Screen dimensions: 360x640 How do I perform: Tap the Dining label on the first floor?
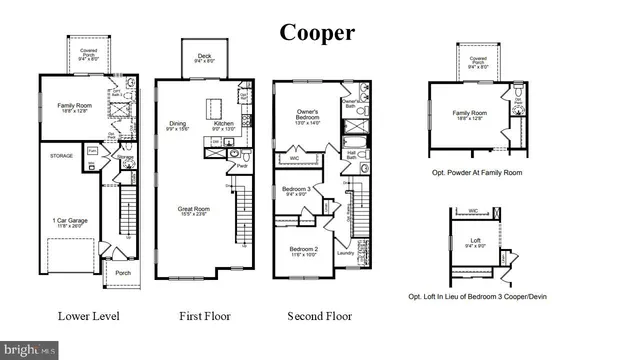coord(178,124)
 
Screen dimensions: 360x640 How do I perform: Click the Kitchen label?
coord(223,124)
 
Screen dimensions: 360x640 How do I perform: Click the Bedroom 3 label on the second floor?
coord(296,189)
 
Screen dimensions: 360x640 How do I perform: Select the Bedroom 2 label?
coord(304,249)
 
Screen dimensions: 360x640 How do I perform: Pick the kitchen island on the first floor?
coord(214,106)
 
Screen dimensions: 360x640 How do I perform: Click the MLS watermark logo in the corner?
coord(29,350)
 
